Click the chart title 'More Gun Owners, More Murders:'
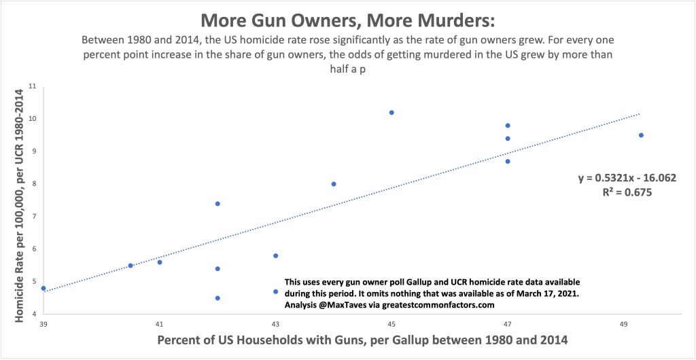pos(347,15)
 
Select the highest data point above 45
pos(391,113)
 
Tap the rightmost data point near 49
pos(641,135)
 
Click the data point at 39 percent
pos(43,288)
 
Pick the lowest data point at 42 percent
pos(217,298)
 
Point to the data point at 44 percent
pos(334,184)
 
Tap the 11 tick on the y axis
pos(31,86)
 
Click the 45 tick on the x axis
pos(391,323)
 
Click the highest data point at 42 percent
pos(217,204)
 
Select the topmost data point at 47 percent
pos(508,126)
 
